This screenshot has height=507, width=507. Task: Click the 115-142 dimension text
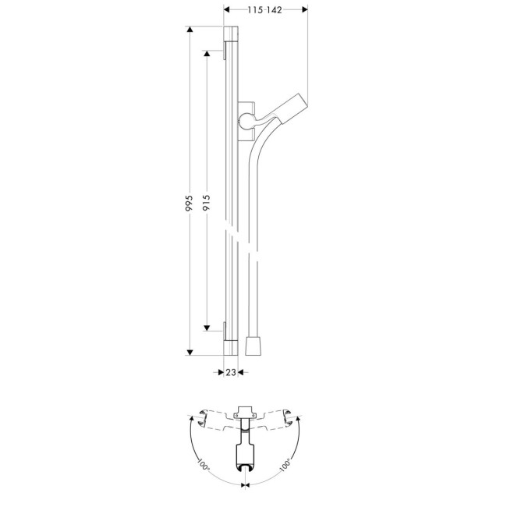tap(265, 9)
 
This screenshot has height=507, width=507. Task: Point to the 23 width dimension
tap(230, 373)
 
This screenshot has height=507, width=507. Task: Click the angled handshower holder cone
tap(292, 106)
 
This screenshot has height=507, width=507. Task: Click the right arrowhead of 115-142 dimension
tap(305, 10)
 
